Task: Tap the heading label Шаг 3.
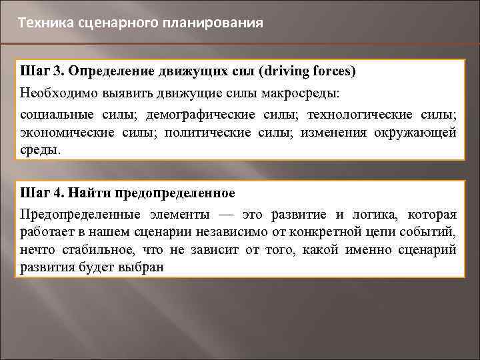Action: pos(43,71)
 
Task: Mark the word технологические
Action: pos(361,115)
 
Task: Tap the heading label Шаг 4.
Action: pos(43,194)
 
